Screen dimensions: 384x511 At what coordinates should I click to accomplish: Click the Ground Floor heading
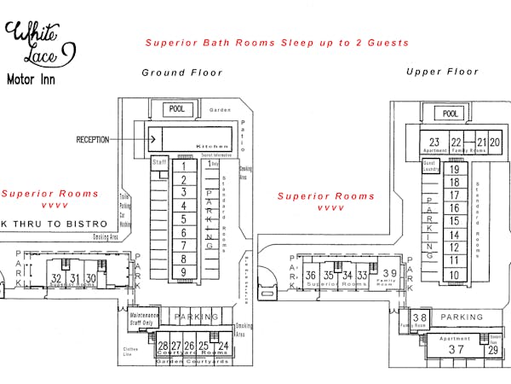click(x=181, y=73)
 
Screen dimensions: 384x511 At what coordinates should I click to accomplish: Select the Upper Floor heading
click(x=443, y=72)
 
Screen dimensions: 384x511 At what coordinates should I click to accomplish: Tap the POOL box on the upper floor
click(x=451, y=113)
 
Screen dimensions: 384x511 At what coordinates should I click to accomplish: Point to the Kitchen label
click(x=213, y=146)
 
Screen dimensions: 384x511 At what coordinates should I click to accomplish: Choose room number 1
click(x=183, y=165)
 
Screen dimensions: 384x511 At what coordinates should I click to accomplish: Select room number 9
click(x=183, y=271)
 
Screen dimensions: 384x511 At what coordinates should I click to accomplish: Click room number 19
click(x=455, y=170)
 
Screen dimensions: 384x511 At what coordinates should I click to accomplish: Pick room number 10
click(x=455, y=275)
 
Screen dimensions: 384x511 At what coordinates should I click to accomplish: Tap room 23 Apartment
click(x=434, y=143)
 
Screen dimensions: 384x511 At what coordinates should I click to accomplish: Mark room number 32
click(x=56, y=278)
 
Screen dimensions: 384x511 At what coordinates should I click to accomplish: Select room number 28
click(x=163, y=346)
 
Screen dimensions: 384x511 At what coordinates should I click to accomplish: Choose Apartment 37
click(x=456, y=348)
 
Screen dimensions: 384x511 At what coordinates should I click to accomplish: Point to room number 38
click(x=419, y=318)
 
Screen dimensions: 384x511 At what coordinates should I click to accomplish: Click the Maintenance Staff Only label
click(x=143, y=319)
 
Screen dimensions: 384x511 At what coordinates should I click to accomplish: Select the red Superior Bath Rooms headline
click(x=277, y=43)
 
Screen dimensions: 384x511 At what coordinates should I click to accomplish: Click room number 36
click(x=311, y=275)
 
